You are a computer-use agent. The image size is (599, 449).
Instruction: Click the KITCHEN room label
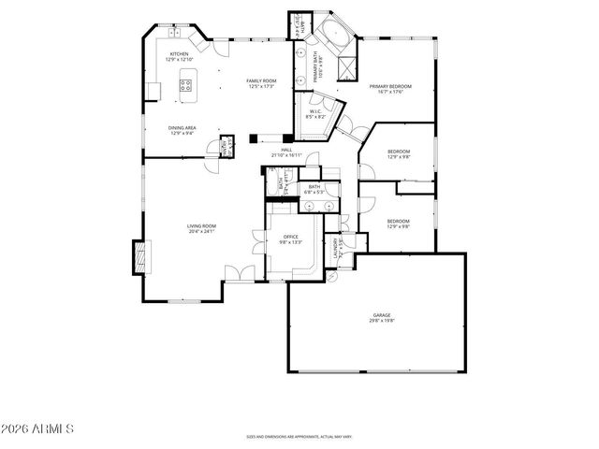click(179, 55)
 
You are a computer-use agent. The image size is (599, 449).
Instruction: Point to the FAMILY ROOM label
click(261, 81)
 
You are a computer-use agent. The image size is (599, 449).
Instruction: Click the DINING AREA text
click(182, 128)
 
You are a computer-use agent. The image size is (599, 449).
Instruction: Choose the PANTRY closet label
click(225, 148)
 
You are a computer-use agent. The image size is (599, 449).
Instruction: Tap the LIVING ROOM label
click(201, 225)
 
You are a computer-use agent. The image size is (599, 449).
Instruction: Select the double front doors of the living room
click(239, 272)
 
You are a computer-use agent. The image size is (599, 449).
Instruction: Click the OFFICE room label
click(290, 238)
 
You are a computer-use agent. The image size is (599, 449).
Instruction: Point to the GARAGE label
click(381, 315)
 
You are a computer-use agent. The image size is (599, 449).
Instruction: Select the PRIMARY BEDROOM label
click(389, 86)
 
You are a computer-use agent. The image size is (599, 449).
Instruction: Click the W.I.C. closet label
click(315, 112)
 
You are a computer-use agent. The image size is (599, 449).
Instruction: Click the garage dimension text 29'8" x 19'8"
click(381, 322)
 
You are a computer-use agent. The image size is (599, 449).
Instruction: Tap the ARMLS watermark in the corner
click(37, 429)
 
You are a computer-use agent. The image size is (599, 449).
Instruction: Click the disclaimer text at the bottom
click(299, 436)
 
